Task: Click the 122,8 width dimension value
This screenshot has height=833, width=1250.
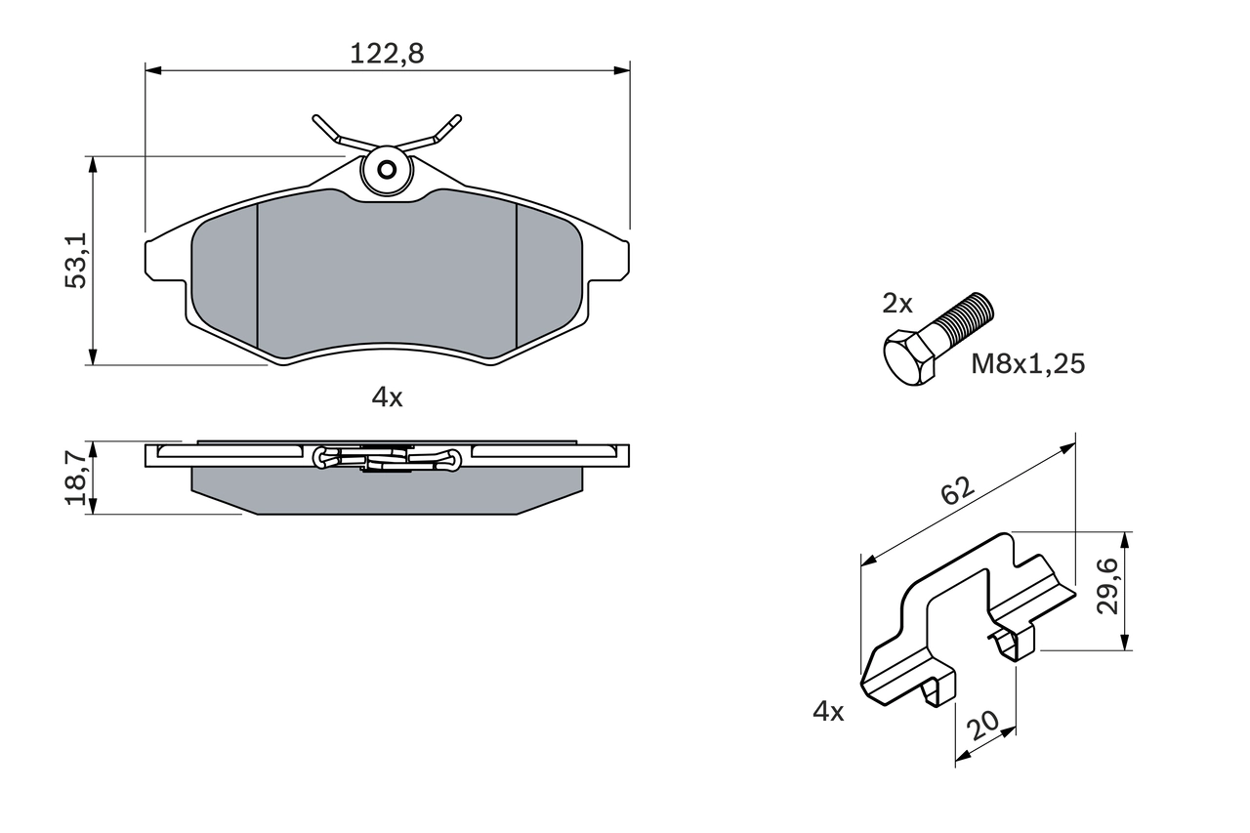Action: tap(387, 54)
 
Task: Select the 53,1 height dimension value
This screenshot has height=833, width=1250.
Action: tap(76, 261)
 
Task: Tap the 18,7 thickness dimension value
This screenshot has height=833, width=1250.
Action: tap(76, 477)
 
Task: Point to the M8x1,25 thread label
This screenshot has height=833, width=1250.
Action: tap(1027, 364)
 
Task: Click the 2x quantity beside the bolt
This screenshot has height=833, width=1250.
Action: tap(896, 304)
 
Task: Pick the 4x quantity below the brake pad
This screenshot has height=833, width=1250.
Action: tap(387, 396)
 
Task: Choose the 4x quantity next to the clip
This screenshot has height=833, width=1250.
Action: tap(828, 712)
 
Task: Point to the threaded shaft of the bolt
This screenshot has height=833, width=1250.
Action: tap(967, 318)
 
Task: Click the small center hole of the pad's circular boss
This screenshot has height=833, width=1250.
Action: tap(387, 170)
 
